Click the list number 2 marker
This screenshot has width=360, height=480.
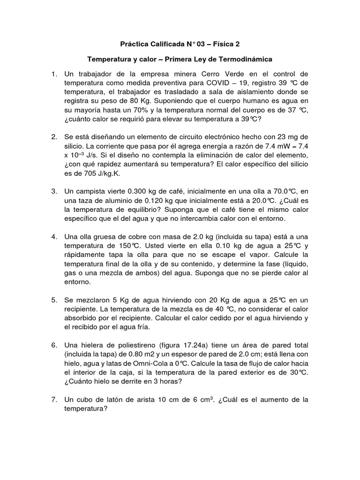(54, 137)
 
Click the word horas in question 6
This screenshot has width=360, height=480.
(169, 381)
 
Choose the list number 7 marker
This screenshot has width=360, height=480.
(54, 400)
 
